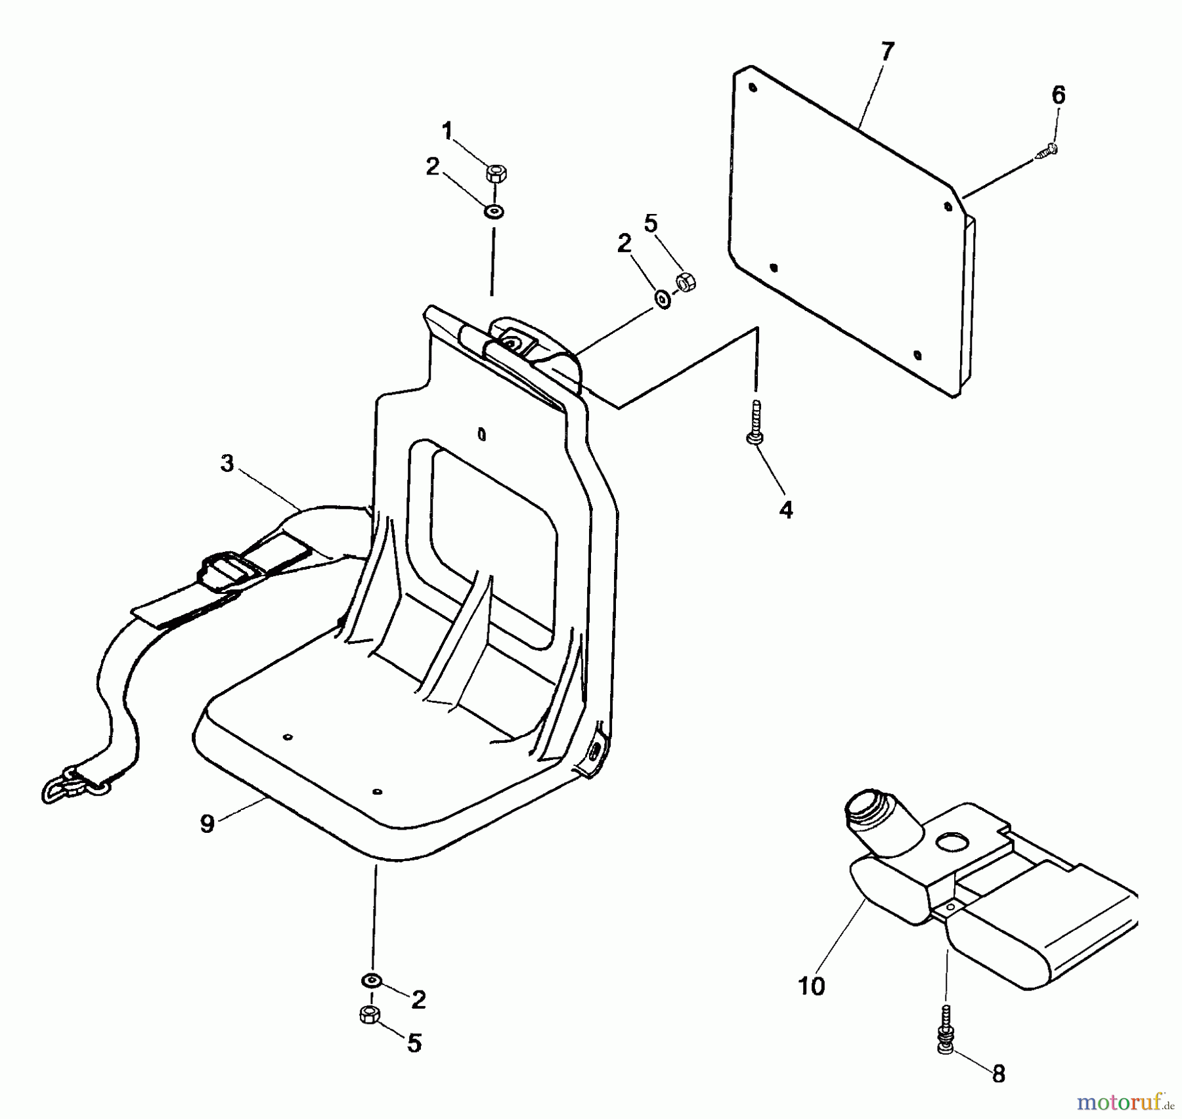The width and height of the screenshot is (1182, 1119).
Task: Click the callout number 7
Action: pyautogui.click(x=887, y=51)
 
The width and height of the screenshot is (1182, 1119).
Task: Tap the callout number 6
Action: pyautogui.click(x=1059, y=96)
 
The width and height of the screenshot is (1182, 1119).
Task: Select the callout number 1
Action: pyautogui.click(x=448, y=132)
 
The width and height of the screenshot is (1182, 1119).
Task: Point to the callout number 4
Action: pyautogui.click(x=786, y=510)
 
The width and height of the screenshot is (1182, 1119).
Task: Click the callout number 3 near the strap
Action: pyautogui.click(x=227, y=463)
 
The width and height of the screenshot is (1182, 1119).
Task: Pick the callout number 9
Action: pyautogui.click(x=208, y=824)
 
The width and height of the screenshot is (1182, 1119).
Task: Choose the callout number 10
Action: pyautogui.click(x=812, y=986)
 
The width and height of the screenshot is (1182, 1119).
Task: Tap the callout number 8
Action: pyautogui.click(x=998, y=1074)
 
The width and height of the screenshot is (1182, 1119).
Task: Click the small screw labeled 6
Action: pyautogui.click(x=1047, y=150)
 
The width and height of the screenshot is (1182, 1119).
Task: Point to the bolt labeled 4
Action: pyautogui.click(x=755, y=423)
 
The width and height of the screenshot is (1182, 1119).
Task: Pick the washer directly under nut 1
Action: pyautogui.click(x=494, y=212)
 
